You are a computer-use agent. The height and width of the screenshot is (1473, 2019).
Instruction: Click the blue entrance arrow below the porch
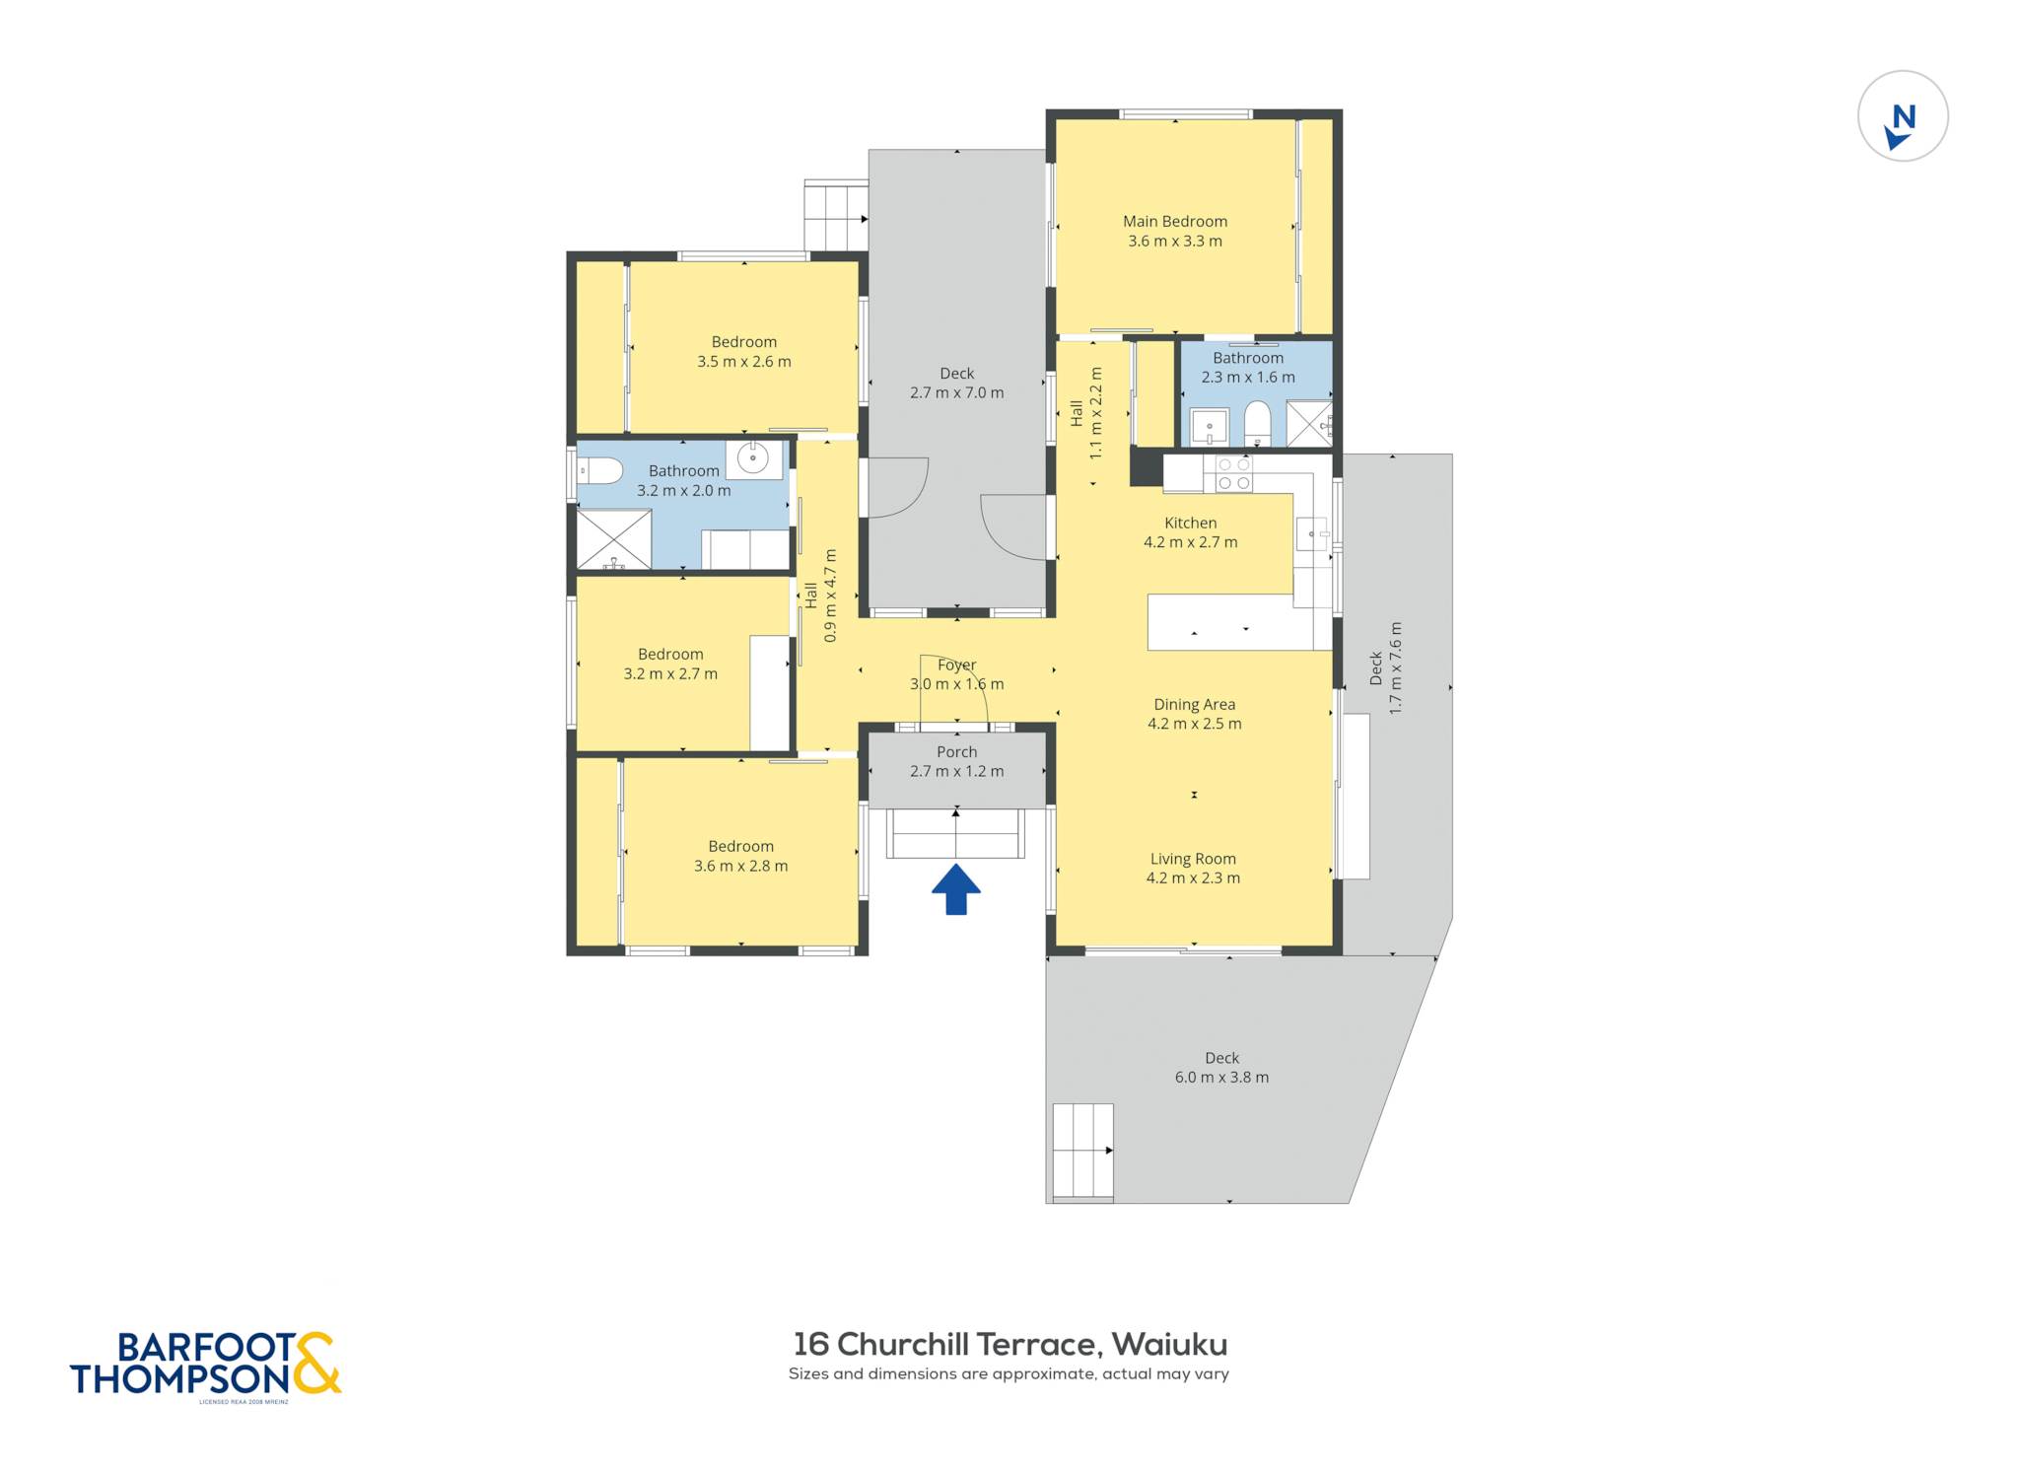[x=955, y=889]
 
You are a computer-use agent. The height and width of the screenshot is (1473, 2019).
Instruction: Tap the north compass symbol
[x=1902, y=116]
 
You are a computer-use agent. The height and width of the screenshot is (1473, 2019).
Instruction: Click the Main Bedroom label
[x=1175, y=222]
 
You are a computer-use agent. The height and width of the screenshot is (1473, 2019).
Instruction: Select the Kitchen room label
[x=1190, y=523]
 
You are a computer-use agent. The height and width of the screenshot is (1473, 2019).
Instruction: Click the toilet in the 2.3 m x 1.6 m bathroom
[x=1257, y=424]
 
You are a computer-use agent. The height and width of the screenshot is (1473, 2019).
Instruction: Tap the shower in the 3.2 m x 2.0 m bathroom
[x=614, y=539]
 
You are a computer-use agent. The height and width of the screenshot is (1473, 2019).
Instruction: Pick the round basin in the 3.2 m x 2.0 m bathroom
[x=753, y=458]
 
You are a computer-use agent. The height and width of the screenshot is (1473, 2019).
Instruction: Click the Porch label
[x=956, y=752]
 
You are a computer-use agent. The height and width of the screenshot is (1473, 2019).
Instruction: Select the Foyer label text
[x=956, y=666]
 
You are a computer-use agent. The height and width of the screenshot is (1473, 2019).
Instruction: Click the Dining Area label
[x=1194, y=705]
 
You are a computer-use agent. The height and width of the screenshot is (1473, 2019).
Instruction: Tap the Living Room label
[x=1193, y=859]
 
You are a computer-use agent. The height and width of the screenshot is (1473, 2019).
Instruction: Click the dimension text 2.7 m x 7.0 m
[x=956, y=393]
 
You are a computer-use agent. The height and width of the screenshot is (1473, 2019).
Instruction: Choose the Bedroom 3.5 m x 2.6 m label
[x=744, y=352]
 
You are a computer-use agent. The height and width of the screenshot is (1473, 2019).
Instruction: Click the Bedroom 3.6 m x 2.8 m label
[x=740, y=856]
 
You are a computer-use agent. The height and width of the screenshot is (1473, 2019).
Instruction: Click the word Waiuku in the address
[x=1169, y=1345]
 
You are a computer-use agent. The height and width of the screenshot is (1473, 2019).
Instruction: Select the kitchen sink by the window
[x=1311, y=534]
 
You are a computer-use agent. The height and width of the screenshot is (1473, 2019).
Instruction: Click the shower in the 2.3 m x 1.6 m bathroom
[x=1309, y=424]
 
